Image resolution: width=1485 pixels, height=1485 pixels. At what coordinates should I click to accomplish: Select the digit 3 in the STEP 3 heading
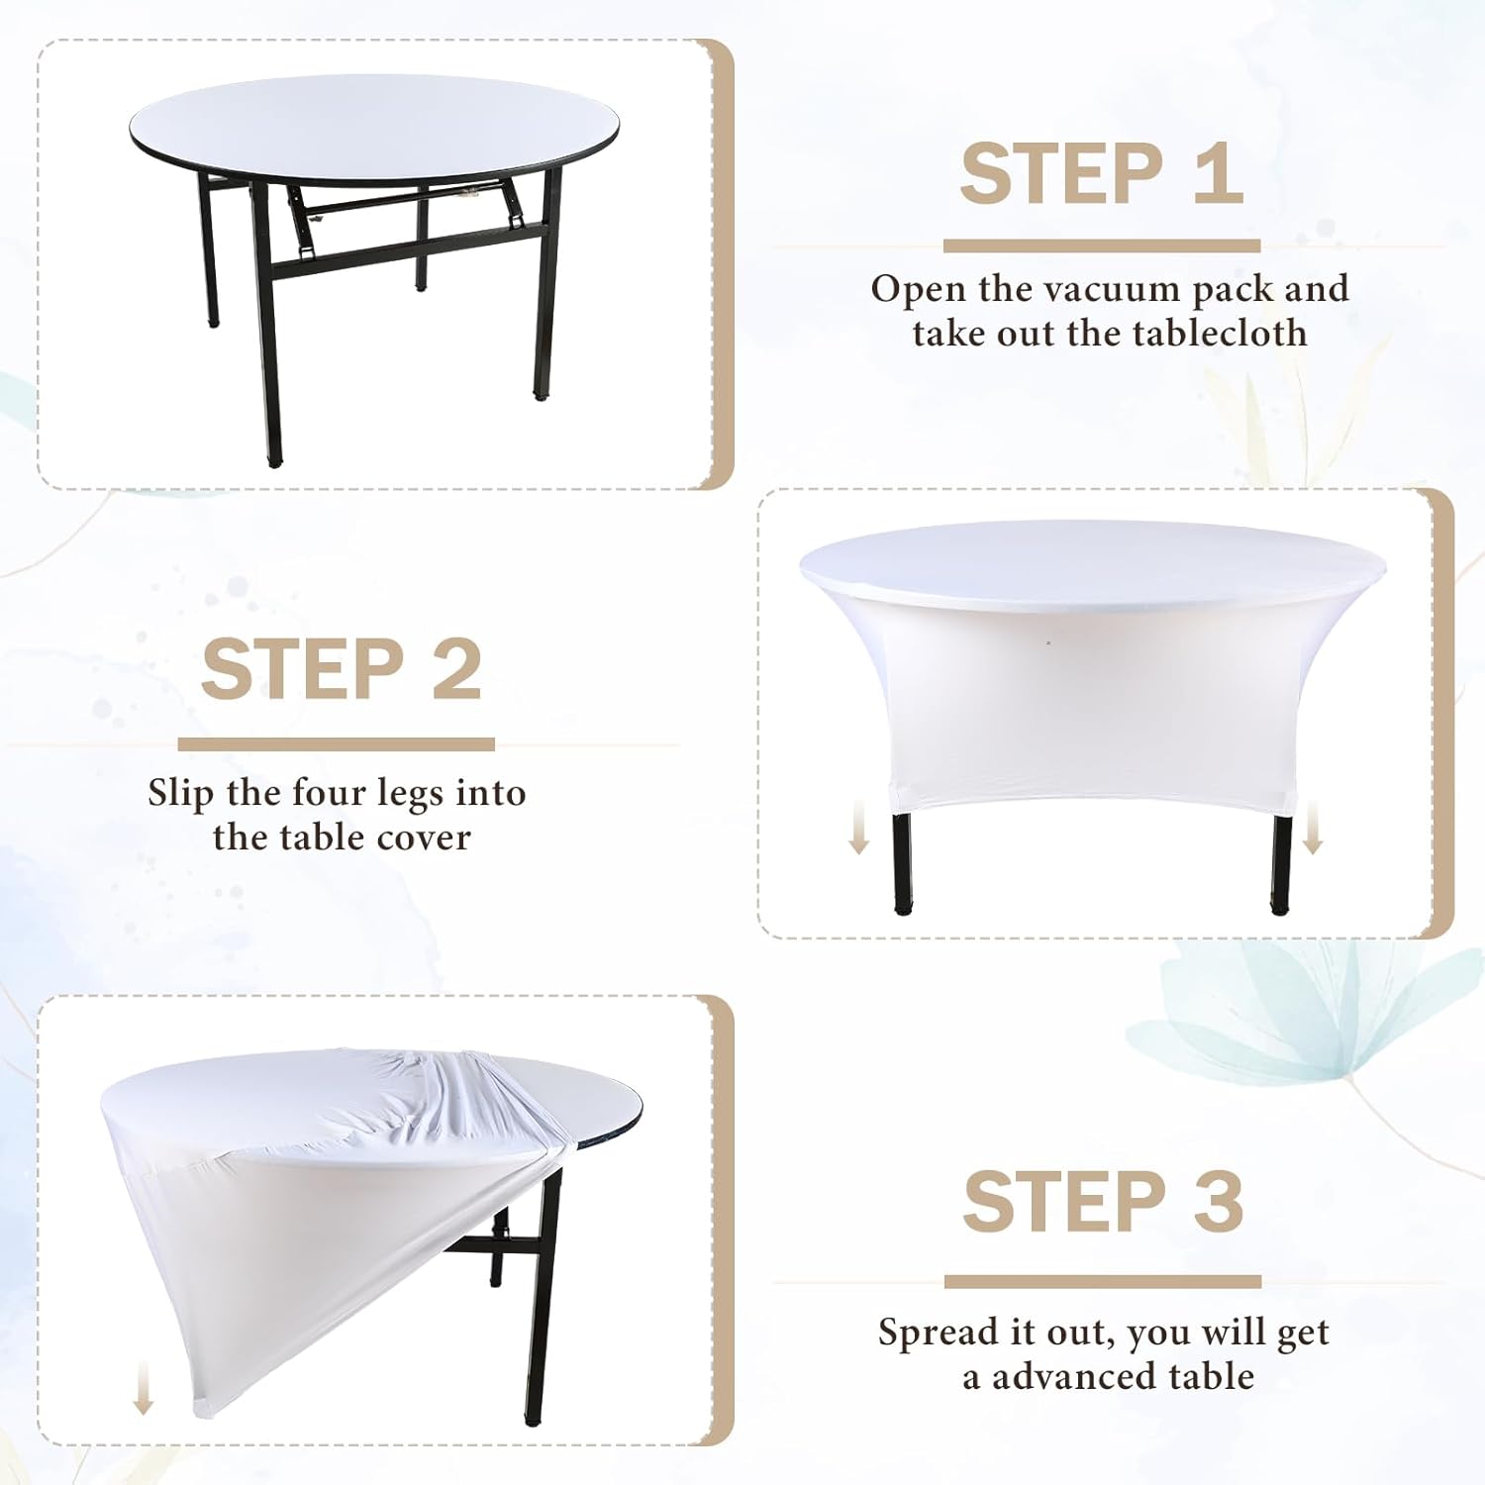click(x=1217, y=1202)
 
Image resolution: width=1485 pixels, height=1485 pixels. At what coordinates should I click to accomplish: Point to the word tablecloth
click(x=1220, y=333)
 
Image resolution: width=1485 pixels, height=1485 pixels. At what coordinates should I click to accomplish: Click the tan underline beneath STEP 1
click(x=1102, y=246)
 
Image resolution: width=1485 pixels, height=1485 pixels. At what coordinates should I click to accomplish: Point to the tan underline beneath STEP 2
click(x=337, y=744)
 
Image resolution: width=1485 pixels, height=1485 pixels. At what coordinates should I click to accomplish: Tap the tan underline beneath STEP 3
click(x=1103, y=1282)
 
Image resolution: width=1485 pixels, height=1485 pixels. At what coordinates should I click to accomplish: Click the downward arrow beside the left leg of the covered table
click(x=859, y=829)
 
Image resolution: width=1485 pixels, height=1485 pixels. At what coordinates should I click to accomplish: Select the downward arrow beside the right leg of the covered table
click(x=1313, y=829)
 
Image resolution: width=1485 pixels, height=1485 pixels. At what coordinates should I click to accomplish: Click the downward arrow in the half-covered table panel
click(x=144, y=1387)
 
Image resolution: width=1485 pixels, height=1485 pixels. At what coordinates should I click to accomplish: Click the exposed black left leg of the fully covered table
click(x=902, y=857)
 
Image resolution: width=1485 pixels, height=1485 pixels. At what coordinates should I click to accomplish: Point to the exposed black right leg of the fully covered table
click(x=1282, y=857)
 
